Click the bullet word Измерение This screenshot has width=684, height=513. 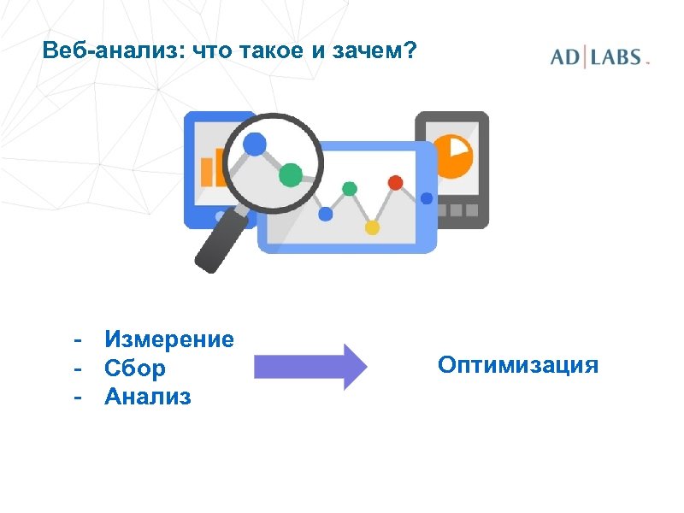click(x=169, y=339)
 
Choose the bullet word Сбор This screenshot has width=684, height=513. click(x=135, y=369)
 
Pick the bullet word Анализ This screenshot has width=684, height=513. click(x=148, y=397)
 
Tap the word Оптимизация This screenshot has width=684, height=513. click(x=518, y=366)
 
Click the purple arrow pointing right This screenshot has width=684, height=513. click(x=310, y=367)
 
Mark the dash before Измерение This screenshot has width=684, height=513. click(x=78, y=339)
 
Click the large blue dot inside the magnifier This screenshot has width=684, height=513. click(x=255, y=144)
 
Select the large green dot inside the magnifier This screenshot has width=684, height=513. click(x=291, y=174)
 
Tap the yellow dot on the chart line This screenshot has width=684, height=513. click(x=372, y=227)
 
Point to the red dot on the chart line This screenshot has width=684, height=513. click(x=395, y=182)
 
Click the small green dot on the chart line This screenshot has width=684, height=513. click(x=349, y=188)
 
